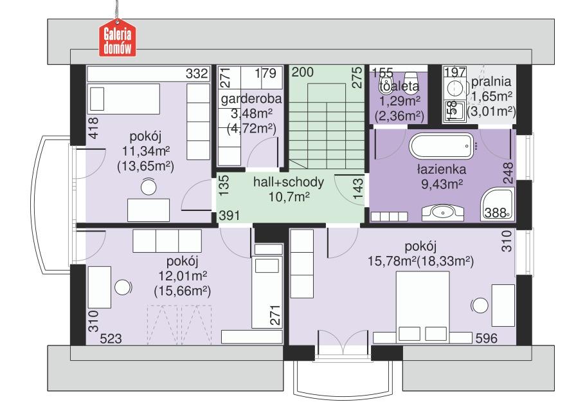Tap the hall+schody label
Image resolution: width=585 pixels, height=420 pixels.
tap(289, 182)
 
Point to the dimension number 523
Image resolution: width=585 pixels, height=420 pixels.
tap(112, 338)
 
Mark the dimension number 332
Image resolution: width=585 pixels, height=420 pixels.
tap(197, 74)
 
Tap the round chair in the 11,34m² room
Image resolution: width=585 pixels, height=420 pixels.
tap(149, 187)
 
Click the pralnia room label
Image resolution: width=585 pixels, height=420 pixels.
tap(491, 82)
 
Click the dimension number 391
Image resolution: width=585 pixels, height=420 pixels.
tap(230, 216)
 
